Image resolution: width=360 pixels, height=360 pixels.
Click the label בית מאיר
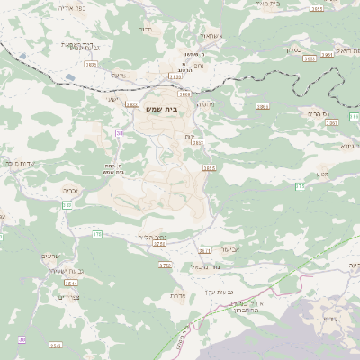tap(268, 4)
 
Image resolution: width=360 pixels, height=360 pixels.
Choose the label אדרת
tap(177, 295)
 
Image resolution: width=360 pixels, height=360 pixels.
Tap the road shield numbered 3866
tap(263, 106)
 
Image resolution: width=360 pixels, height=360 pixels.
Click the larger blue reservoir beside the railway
tap(69, 78)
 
